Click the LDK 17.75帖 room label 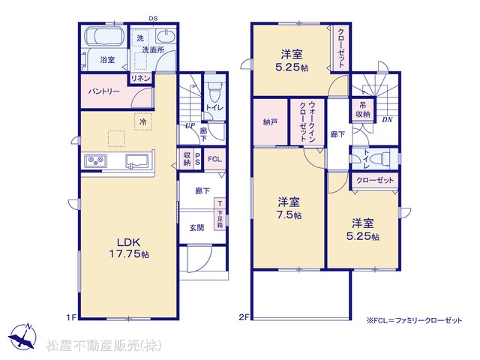click(129, 248)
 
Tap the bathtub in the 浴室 click(104, 37)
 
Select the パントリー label click(104, 91)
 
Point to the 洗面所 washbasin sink click(166, 36)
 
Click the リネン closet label click(140, 78)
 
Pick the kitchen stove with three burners click(96, 160)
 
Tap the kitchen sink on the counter click(136, 161)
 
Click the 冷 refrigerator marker click(142, 121)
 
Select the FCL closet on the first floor click(215, 159)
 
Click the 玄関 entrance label click(196, 227)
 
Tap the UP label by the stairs click(190, 125)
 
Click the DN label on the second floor click(387, 120)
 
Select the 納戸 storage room click(271, 121)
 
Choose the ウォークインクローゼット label click(307, 121)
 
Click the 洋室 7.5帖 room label click(289, 208)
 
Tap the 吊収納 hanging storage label click(363, 110)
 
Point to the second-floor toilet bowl click(379, 159)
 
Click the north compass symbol click(22, 336)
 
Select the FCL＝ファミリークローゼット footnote click(414, 320)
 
